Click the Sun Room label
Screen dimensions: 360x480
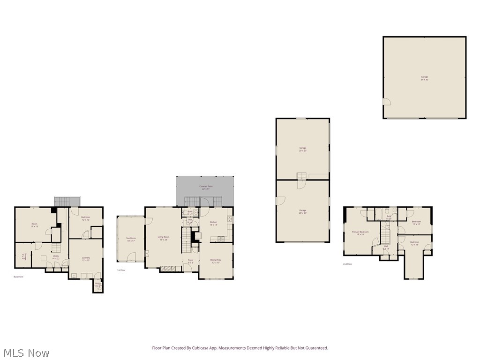click(x=130, y=239)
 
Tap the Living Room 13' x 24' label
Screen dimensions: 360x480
click(x=164, y=238)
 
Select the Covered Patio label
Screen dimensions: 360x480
click(x=206, y=186)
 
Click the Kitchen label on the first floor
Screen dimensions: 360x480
click(x=213, y=223)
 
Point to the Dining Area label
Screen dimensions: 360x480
click(x=216, y=260)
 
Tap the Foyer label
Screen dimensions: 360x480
click(x=190, y=261)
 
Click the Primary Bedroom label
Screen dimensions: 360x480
click(x=360, y=233)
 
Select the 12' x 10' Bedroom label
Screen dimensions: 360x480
click(x=416, y=223)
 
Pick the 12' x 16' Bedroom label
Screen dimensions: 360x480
click(x=415, y=243)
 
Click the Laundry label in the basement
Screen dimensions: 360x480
click(x=85, y=259)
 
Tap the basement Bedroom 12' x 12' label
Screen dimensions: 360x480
click(x=85, y=218)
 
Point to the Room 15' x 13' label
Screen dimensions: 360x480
click(x=34, y=225)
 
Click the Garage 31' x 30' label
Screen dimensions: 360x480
click(x=424, y=78)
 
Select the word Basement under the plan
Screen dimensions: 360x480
click(x=18, y=277)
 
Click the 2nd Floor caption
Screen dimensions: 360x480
click(x=347, y=264)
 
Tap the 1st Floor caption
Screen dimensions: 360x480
click(x=121, y=270)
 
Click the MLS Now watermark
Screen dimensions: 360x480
click(x=26, y=352)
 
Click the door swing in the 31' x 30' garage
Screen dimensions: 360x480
click(x=387, y=102)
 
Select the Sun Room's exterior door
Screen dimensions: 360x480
click(x=132, y=256)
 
